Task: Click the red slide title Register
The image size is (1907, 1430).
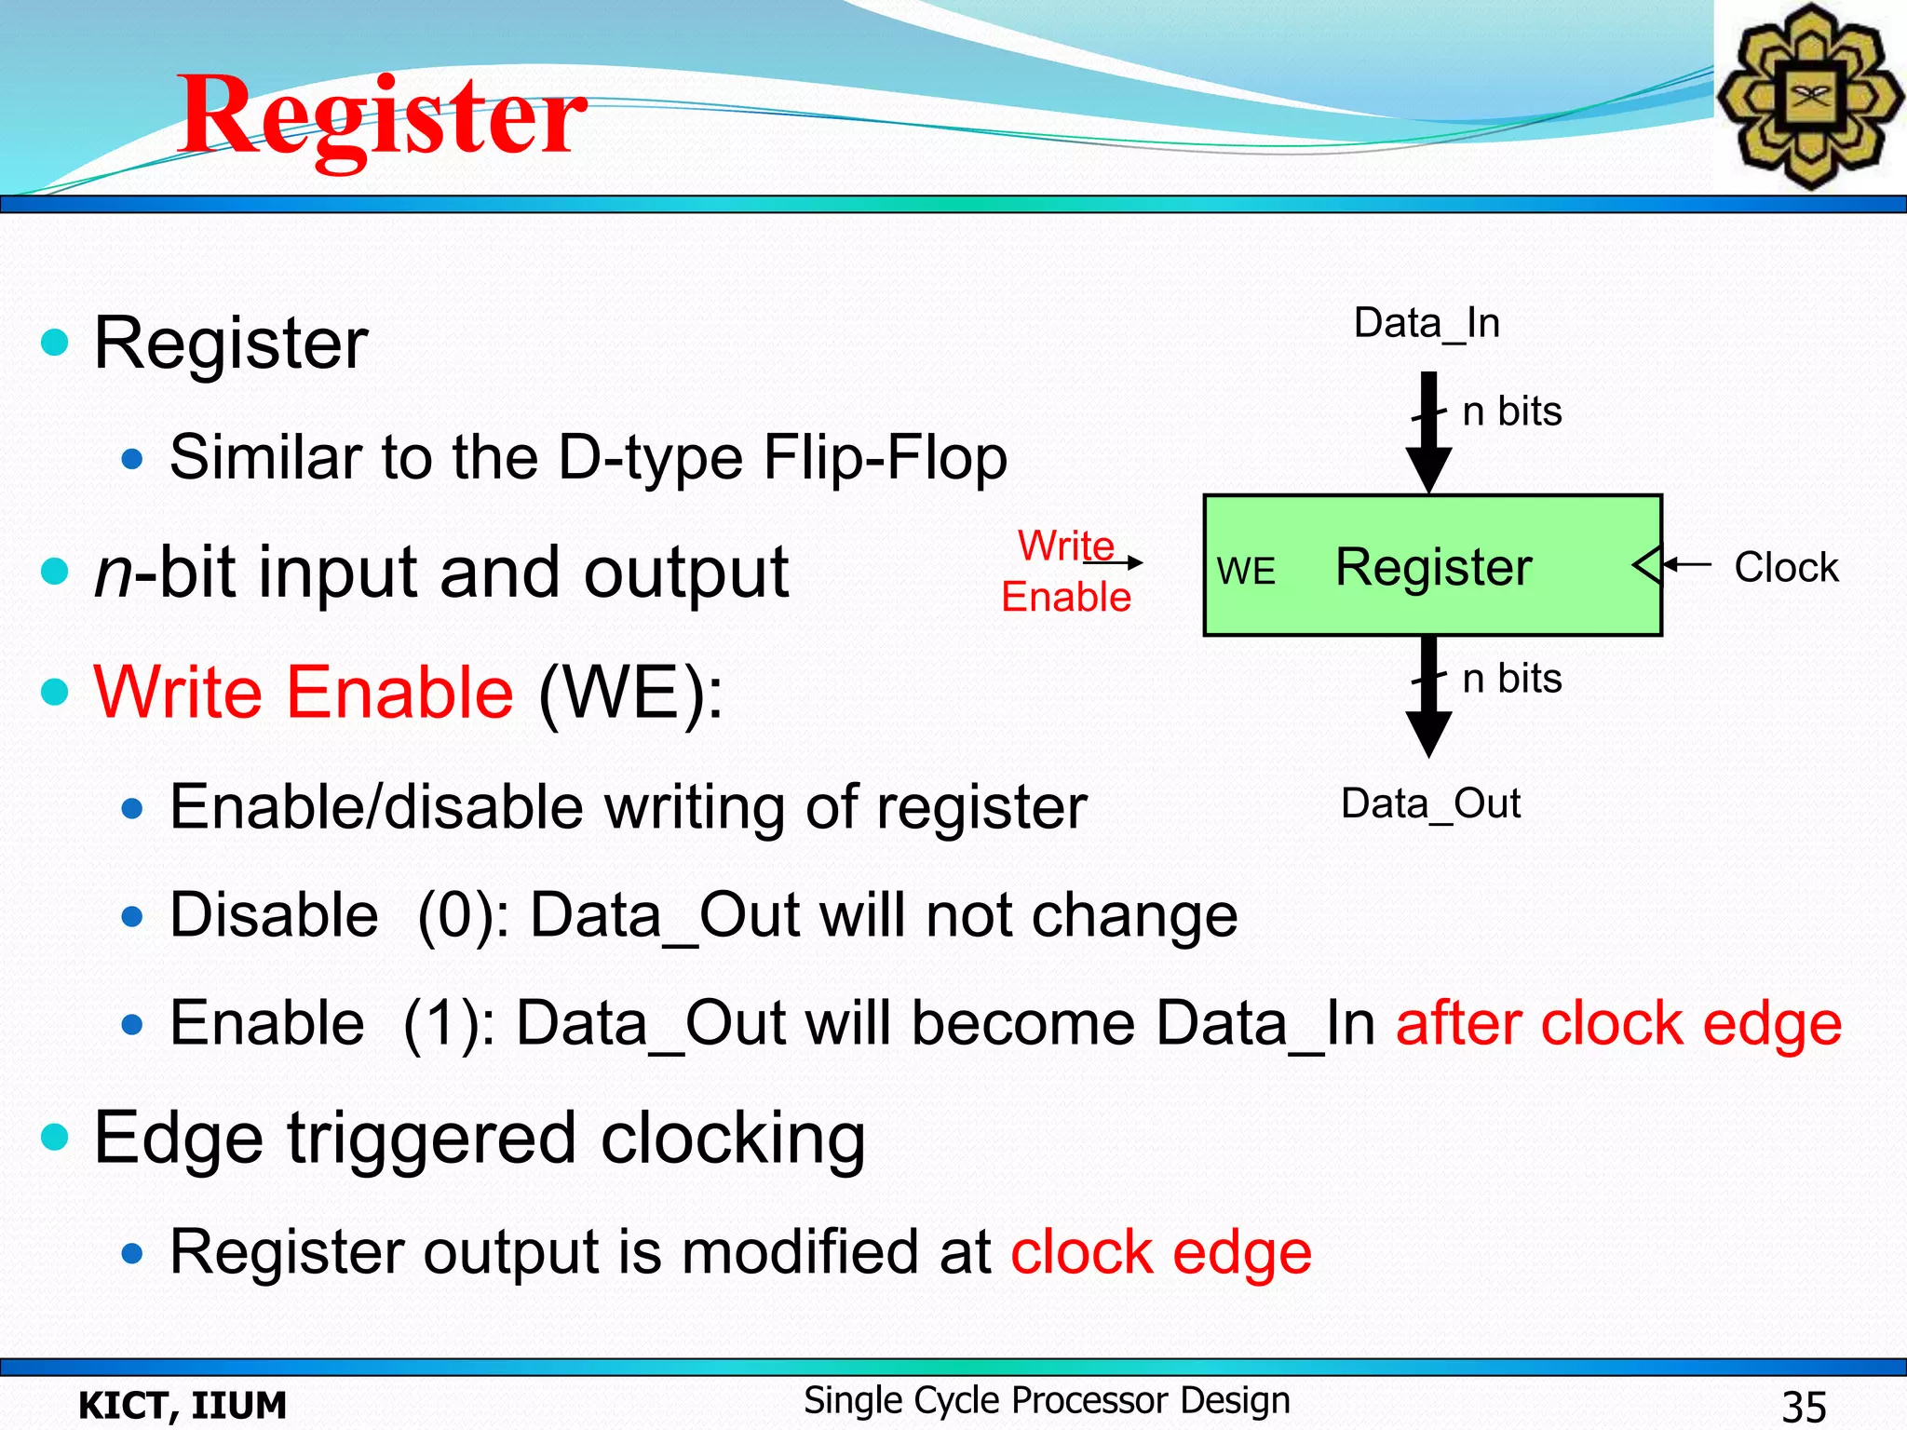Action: point(382,116)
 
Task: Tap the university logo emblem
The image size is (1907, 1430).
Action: point(1809,96)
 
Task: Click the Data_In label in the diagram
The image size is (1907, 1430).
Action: point(1427,323)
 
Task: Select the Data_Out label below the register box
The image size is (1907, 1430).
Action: point(1430,803)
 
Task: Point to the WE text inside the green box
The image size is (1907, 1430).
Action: point(1246,572)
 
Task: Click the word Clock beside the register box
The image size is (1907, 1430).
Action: point(1786,567)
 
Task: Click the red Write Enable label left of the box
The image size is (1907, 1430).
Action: point(1066,572)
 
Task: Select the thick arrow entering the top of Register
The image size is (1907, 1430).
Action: point(1428,433)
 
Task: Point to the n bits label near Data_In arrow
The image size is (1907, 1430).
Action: point(1511,411)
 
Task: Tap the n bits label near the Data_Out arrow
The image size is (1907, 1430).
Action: point(1511,679)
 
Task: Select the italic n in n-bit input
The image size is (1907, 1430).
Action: point(114,573)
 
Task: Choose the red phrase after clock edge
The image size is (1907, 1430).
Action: point(1618,1024)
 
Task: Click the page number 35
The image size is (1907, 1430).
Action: point(1804,1406)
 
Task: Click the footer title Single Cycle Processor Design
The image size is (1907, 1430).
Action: point(1047,1400)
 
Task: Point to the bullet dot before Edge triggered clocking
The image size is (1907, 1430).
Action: point(56,1137)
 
